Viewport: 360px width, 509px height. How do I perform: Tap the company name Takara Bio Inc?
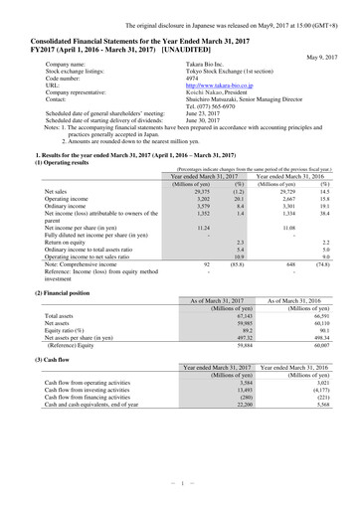point(207,65)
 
